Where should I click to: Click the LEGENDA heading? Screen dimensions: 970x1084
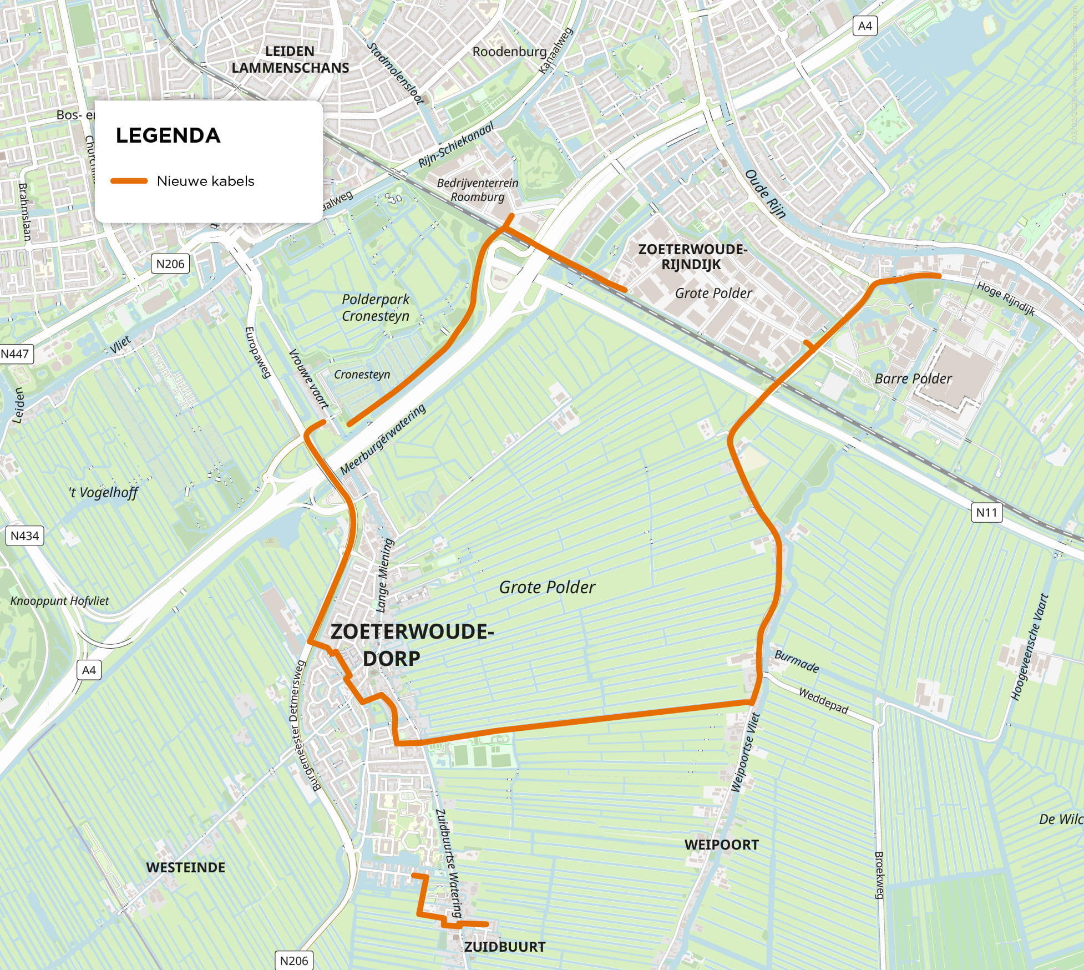click(x=168, y=135)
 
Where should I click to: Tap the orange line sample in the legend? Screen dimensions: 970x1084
click(x=129, y=181)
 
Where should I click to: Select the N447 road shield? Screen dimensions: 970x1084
click(x=16, y=354)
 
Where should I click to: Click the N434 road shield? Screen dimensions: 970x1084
click(x=25, y=535)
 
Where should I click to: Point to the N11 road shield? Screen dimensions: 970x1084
click(x=986, y=512)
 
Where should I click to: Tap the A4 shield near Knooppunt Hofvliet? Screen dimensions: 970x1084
click(x=89, y=670)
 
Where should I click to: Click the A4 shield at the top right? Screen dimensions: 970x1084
click(x=865, y=26)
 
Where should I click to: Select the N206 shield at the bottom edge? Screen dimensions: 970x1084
click(x=293, y=961)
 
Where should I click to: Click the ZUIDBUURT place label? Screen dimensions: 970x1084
click(x=504, y=947)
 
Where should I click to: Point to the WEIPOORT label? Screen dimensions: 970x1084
click(x=721, y=845)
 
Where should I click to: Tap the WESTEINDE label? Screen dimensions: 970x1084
click(x=185, y=867)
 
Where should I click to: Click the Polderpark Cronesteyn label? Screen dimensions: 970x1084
click(x=376, y=307)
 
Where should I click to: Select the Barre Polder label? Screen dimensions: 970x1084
click(x=913, y=378)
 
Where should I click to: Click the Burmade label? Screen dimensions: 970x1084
click(x=797, y=661)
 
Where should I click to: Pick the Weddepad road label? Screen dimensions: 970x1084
click(x=823, y=700)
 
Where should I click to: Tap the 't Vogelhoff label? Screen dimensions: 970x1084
click(x=103, y=492)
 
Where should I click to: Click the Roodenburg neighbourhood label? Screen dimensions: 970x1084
click(x=509, y=52)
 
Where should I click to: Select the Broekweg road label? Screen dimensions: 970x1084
click(x=879, y=875)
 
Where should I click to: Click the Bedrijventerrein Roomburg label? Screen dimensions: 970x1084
click(x=477, y=189)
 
